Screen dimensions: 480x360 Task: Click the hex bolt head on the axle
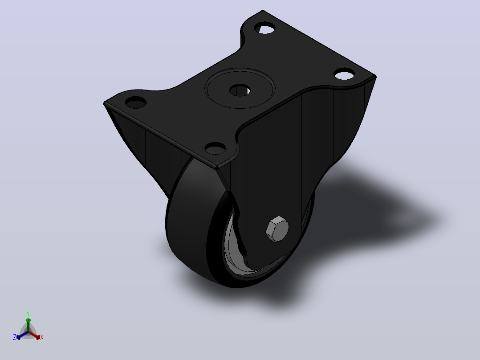click(x=277, y=229)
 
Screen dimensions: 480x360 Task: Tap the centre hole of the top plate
click(x=240, y=90)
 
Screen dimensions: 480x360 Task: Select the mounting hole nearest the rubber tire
click(x=215, y=149)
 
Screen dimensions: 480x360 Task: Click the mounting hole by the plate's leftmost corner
click(x=136, y=102)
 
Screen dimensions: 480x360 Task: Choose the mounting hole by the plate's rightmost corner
click(x=344, y=74)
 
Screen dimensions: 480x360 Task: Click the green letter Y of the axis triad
click(x=28, y=313)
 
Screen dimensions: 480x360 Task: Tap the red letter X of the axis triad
click(x=42, y=337)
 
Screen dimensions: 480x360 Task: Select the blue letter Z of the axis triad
click(x=14, y=337)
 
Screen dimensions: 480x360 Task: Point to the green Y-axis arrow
click(x=28, y=325)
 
